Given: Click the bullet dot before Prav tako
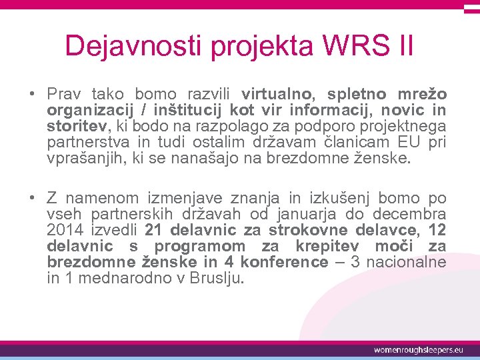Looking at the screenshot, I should coord(31,94).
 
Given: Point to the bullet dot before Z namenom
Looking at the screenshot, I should coord(31,198).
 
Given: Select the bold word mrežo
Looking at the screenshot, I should coord(423,94).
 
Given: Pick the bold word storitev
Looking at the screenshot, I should coord(73,126).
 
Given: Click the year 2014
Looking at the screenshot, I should coord(65,230).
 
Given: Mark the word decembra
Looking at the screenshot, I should coord(409,214).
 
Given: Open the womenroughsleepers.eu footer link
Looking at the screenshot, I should coord(418,349).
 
